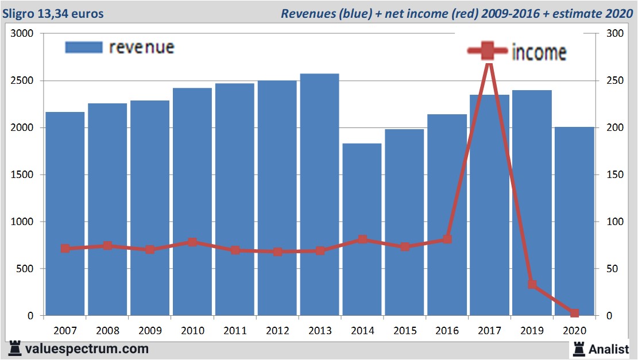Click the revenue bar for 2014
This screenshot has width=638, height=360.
point(362,230)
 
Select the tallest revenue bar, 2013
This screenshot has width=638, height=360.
point(319,195)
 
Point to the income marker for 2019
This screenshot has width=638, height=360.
point(532,284)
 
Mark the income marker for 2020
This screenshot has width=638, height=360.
point(574,313)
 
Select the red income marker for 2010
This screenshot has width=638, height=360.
point(192,242)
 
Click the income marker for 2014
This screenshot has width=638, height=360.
point(362,239)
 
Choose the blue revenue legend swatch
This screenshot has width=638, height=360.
point(84,47)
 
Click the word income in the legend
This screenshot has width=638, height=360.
point(538,53)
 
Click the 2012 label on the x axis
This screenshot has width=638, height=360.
point(277,330)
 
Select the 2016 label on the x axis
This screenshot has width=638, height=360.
point(447,330)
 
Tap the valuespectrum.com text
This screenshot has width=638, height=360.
point(87,349)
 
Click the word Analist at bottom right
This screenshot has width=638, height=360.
point(609,349)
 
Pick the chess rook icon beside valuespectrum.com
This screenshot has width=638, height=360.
point(15,349)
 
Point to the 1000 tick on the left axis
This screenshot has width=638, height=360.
point(23,222)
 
